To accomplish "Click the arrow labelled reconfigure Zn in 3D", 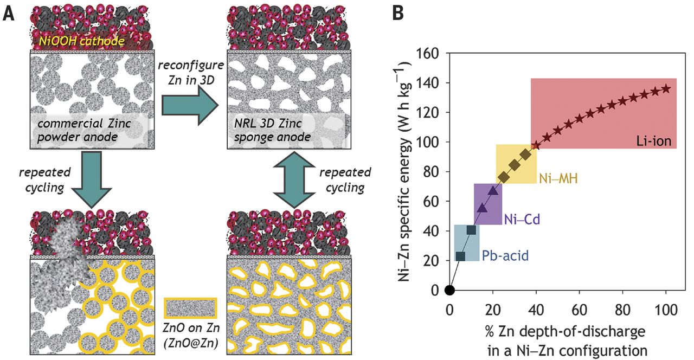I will click(191, 104).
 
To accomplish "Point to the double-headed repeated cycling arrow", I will click(292, 179).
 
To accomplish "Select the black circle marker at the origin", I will click(449, 290).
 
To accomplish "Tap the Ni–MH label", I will click(558, 178).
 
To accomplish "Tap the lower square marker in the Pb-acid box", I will click(461, 256).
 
